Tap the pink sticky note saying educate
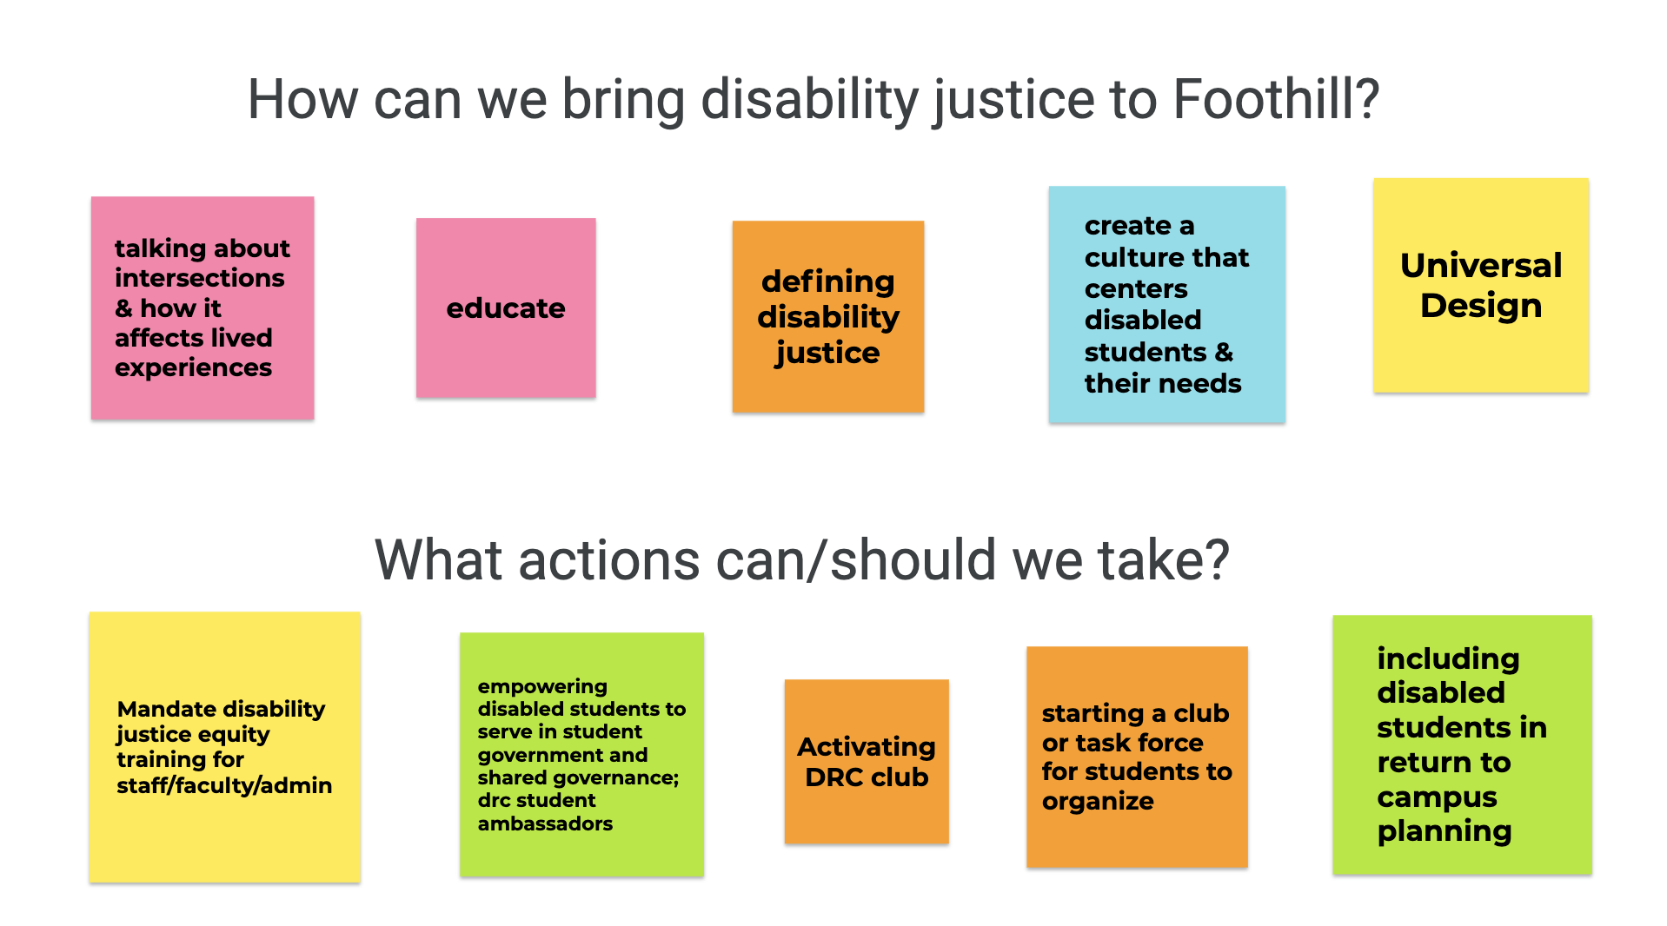click(506, 308)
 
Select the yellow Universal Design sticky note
click(1481, 285)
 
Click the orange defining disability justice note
click(828, 316)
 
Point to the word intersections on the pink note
click(200, 278)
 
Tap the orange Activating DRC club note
click(867, 761)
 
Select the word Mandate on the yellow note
click(163, 709)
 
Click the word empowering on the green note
click(542, 686)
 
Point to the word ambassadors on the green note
click(545, 823)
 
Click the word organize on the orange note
click(1098, 801)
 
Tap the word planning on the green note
click(1445, 831)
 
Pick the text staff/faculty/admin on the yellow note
click(224, 785)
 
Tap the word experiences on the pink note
click(193, 368)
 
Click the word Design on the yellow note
click(1481, 306)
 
